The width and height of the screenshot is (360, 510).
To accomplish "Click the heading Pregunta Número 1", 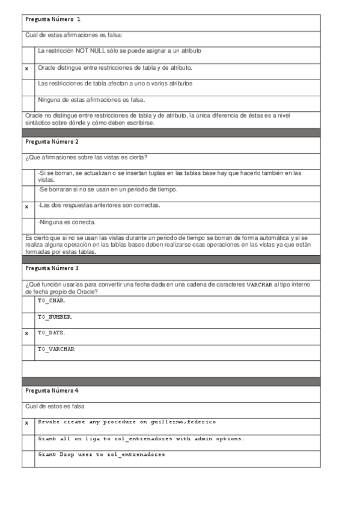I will tap(52, 20).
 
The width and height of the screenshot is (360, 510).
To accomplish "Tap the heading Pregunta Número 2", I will tap(52, 142).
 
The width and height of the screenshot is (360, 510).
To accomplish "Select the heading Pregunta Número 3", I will tap(52, 268).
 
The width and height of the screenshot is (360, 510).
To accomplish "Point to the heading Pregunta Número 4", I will tap(52, 391).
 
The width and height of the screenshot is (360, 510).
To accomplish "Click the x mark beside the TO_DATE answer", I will tap(26, 333).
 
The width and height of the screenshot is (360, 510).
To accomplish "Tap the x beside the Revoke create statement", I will tap(26, 423).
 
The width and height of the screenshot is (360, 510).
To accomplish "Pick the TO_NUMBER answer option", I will tap(55, 316).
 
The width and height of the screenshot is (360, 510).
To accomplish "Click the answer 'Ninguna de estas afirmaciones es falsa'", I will tap(91, 100).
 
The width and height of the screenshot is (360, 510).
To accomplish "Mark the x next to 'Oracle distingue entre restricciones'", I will tap(26, 69).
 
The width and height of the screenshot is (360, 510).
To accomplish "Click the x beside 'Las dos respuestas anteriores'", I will tap(26, 207).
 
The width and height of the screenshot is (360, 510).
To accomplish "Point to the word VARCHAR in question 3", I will tap(260, 284).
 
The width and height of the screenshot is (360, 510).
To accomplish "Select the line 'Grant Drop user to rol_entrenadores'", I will tap(102, 455).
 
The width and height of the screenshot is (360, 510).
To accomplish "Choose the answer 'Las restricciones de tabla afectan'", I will tap(115, 84).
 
